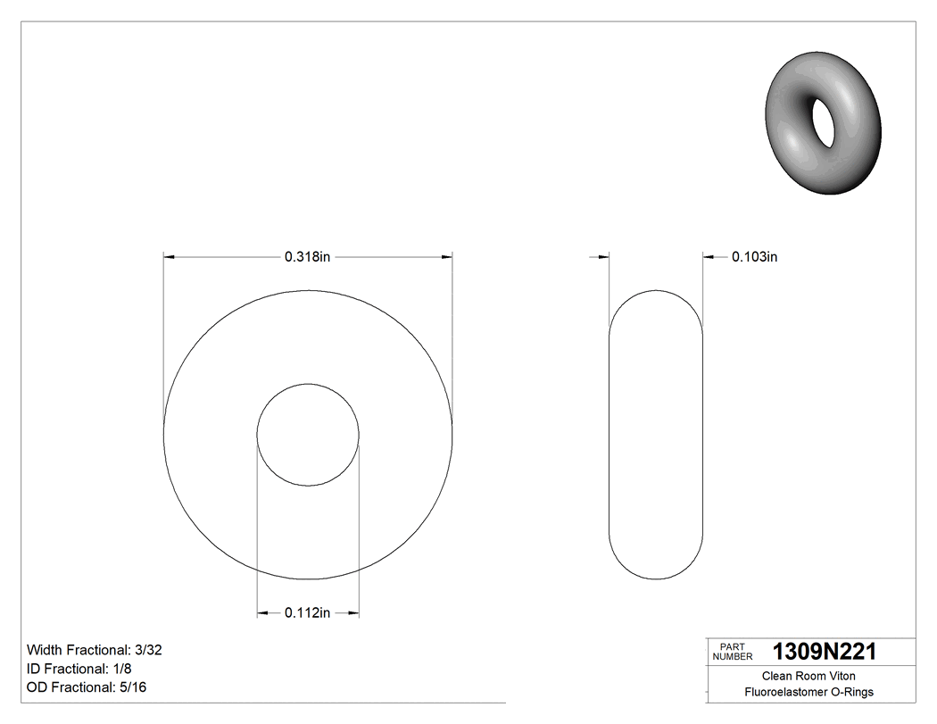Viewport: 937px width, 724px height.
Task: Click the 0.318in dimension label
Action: (308, 257)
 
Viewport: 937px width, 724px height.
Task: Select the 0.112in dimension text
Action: (308, 613)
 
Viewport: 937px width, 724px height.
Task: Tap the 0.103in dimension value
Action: (754, 257)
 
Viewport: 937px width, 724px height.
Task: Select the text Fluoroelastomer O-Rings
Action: (808, 692)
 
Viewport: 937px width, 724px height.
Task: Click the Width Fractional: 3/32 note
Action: (95, 651)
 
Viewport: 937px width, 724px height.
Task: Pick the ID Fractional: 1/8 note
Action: (81, 669)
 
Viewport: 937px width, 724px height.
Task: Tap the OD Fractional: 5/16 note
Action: (87, 687)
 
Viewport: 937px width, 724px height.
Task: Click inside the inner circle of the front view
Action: (308, 435)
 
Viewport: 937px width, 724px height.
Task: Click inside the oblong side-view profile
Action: (656, 435)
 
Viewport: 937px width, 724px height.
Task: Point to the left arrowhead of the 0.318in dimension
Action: (169, 257)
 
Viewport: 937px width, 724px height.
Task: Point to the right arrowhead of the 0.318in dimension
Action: (446, 257)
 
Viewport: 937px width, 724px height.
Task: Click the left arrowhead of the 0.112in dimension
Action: (263, 613)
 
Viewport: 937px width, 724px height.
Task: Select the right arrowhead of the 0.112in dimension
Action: (353, 613)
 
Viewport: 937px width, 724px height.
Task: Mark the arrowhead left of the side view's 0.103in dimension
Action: (602, 257)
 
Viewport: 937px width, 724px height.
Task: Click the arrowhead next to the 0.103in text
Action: (709, 257)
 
